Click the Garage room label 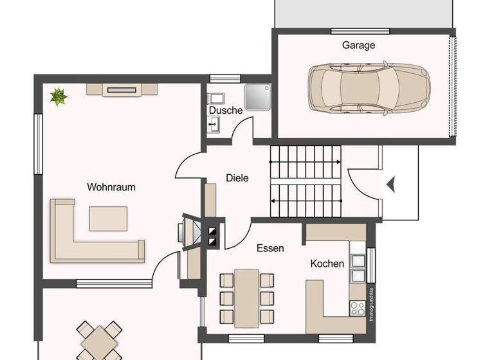pos(358,46)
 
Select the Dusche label pos(225,110)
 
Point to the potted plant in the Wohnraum pos(59,97)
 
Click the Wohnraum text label pos(111,187)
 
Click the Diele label pos(237,178)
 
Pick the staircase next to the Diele pos(305,181)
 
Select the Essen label pos(270,248)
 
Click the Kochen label pos(327,264)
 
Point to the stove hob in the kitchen pos(356,309)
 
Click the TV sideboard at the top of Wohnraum pos(122,90)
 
